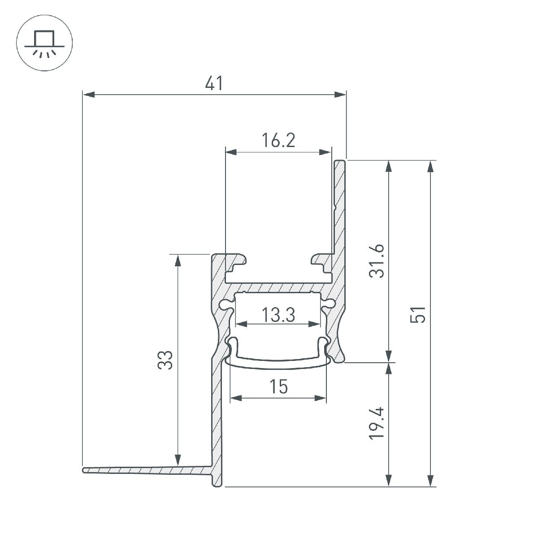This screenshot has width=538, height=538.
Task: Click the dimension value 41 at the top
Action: click(x=214, y=84)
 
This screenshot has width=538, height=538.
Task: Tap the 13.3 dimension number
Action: click(x=278, y=315)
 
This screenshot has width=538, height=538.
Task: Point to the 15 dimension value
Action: click(x=278, y=386)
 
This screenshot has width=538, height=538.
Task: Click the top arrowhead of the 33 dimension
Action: click(x=178, y=260)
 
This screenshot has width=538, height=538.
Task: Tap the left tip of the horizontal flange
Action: click(x=84, y=470)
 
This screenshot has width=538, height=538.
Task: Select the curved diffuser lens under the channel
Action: click(x=278, y=361)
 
